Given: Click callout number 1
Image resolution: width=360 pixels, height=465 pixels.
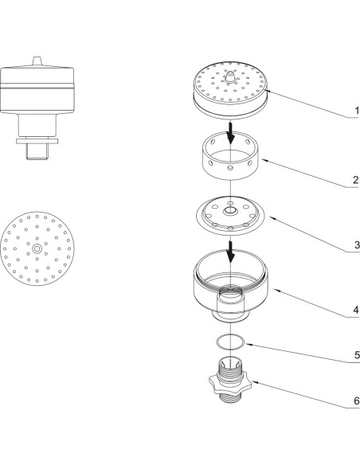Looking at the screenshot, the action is coord(357,111).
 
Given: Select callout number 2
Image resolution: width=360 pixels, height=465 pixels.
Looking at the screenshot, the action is coord(356,179).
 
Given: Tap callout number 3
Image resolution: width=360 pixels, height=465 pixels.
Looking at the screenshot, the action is coord(357,244).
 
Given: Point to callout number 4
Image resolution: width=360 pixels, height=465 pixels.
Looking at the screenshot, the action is coord(356,310).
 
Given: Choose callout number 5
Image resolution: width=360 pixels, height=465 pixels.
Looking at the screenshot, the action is coord(357,355).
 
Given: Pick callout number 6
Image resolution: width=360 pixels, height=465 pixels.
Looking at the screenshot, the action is coord(357,401).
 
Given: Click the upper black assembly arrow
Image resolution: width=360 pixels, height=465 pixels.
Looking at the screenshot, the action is coord(230,132).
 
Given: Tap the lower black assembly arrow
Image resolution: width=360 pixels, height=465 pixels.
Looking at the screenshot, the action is coord(230,252).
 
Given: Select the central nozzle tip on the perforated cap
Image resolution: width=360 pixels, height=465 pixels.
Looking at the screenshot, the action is coord(230,76).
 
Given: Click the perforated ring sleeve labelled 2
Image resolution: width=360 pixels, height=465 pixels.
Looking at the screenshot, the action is coord(230,156).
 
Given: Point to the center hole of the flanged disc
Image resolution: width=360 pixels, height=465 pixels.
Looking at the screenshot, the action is coord(230,211).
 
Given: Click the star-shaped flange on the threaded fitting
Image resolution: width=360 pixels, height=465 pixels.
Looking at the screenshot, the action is coord(230,385).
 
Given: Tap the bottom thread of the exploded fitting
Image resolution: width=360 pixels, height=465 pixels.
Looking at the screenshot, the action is coord(230,397).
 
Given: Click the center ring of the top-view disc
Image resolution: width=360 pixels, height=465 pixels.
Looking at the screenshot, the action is coord(37,248).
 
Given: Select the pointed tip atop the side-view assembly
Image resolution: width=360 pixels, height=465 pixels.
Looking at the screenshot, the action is coord(37,61).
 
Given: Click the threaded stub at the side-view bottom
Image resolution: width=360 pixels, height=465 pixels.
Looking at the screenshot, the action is coord(37,151).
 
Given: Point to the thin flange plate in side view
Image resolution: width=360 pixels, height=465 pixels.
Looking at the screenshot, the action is coord(37,141).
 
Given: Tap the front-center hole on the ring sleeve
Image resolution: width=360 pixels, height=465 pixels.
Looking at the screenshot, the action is coord(230,168).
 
